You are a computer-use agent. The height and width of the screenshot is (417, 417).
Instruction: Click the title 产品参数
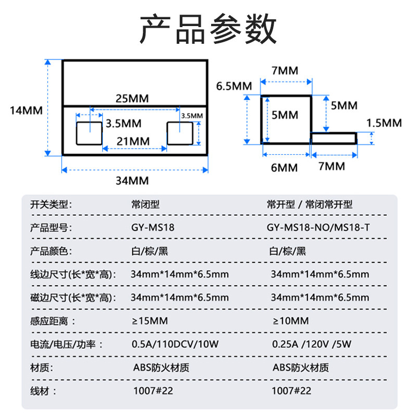(x=208, y=29)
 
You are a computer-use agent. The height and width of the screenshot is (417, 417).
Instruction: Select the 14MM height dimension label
(x=26, y=110)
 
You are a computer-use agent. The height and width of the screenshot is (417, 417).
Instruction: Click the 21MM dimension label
(x=132, y=141)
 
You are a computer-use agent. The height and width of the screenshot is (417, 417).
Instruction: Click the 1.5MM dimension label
(x=384, y=123)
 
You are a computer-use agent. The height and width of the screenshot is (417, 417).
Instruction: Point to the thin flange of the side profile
(x=334, y=138)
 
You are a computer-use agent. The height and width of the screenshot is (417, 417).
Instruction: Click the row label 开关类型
(x=50, y=204)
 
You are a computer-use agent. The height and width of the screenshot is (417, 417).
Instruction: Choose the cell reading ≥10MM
(x=290, y=321)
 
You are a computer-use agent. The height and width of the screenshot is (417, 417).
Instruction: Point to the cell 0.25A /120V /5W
(x=312, y=344)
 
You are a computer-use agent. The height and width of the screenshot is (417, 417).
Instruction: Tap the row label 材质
(x=42, y=367)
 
